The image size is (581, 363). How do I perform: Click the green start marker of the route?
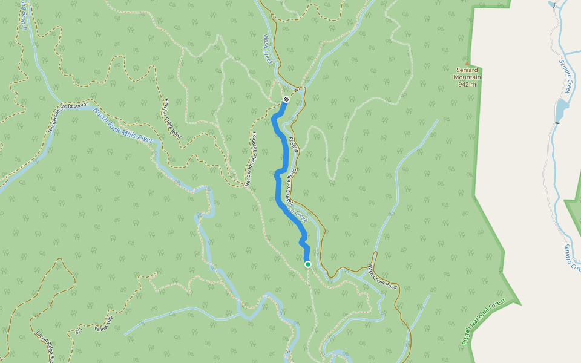pos(308,264)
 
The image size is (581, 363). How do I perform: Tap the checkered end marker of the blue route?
pos(286,99)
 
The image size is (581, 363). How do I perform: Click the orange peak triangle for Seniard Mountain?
pos(467,64)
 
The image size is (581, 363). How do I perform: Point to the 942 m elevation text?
pos(467,84)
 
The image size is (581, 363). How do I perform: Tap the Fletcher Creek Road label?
pos(172,118)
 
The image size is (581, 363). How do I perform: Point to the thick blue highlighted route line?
pos(280,181)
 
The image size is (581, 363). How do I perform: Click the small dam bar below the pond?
pos(556,123)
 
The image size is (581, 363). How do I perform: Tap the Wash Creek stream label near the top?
pos(268,49)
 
